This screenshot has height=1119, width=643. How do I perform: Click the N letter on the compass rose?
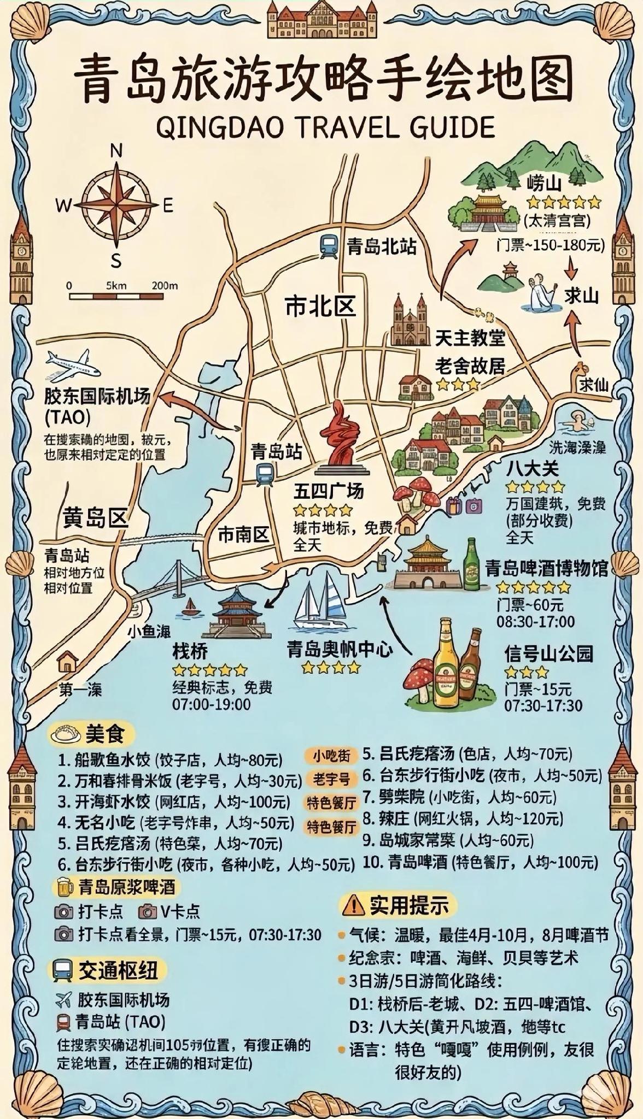pyautogui.click(x=116, y=151)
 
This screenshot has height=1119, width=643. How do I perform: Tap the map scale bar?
pyautogui.click(x=115, y=296)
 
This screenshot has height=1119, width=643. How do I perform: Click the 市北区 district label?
pyautogui.click(x=320, y=307)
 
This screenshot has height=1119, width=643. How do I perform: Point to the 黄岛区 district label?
pyautogui.click(x=95, y=517)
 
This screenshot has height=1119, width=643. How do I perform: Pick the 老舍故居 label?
pyautogui.click(x=470, y=366)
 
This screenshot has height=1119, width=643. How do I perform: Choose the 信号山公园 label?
pyautogui.click(x=548, y=653)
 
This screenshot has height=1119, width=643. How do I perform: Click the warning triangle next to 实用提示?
pyautogui.click(x=353, y=905)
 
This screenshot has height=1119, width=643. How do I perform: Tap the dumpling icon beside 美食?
pyautogui.click(x=65, y=734)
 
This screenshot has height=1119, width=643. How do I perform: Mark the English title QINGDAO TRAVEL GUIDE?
pyautogui.click(x=325, y=128)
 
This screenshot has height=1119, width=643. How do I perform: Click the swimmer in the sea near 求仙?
pyautogui.click(x=577, y=421)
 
